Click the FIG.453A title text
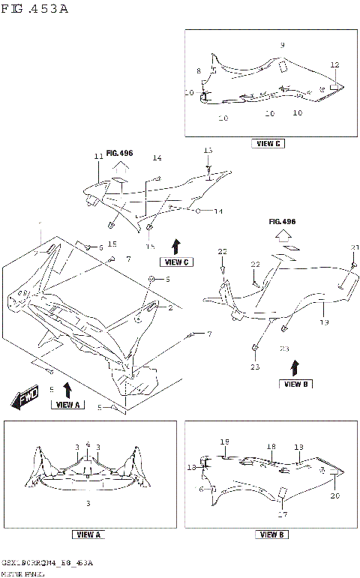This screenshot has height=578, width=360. point(35,10)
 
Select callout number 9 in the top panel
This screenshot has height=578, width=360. point(282,46)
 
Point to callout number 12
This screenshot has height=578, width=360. point(334,65)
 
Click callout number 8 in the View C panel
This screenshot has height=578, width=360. point(199,71)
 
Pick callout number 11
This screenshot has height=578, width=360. point(97,157)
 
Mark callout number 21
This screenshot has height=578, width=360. point(355,248)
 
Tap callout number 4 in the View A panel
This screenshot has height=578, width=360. point(88,445)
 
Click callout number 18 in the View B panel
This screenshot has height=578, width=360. point(271,445)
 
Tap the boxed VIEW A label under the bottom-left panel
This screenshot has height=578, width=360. point(88,535)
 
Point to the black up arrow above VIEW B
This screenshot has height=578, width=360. point(295,367)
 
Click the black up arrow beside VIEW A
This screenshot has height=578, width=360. point(67,389)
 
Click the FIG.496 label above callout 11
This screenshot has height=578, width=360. point(119,153)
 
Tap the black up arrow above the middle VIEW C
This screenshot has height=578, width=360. point(175,246)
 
